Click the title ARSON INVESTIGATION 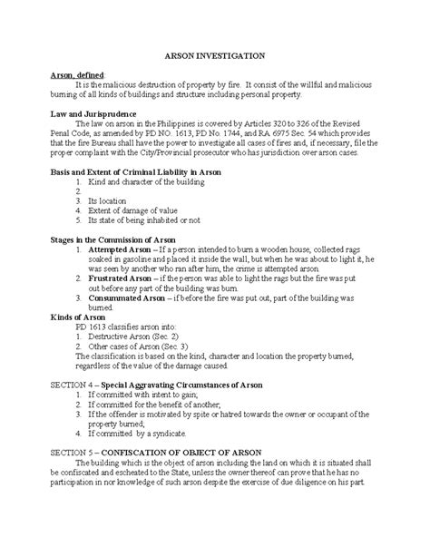point(214,55)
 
